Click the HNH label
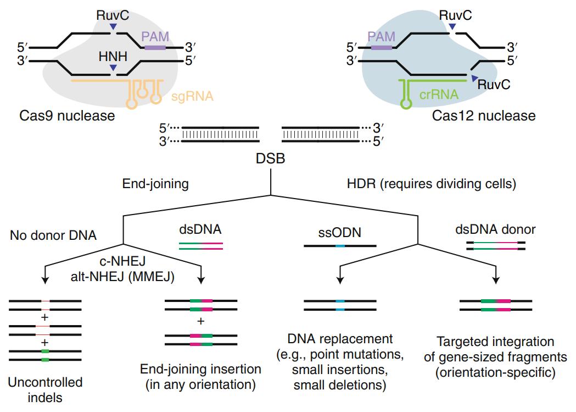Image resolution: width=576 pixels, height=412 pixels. click(x=113, y=57)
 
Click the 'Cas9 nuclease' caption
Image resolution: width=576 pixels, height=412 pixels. click(x=66, y=116)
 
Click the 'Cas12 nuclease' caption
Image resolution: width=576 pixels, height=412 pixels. click(x=483, y=116)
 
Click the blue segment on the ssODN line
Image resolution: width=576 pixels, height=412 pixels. click(x=340, y=245)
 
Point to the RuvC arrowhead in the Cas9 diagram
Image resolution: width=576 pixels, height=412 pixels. click(x=113, y=27)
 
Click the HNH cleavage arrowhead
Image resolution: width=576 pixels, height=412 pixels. click(x=113, y=68)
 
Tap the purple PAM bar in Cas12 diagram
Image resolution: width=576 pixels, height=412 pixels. click(x=382, y=48)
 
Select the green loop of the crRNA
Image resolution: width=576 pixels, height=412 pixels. click(x=407, y=102)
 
